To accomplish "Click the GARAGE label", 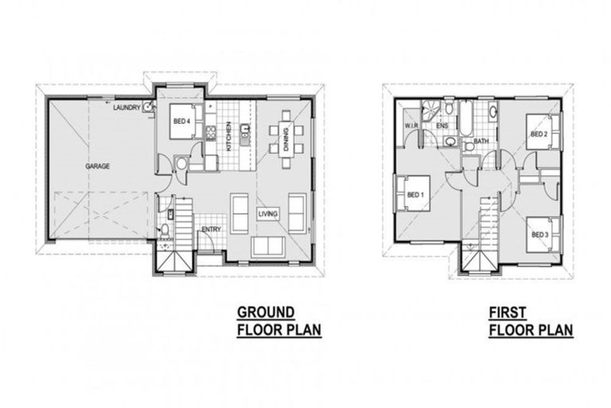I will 98,167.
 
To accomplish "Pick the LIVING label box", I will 267,214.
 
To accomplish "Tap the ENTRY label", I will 211,230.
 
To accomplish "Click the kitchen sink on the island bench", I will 246,128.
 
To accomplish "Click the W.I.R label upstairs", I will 411,125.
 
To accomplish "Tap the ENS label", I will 442,125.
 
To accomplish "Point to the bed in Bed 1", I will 411,194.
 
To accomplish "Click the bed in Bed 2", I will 543,132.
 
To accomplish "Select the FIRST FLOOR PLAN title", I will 531,320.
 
